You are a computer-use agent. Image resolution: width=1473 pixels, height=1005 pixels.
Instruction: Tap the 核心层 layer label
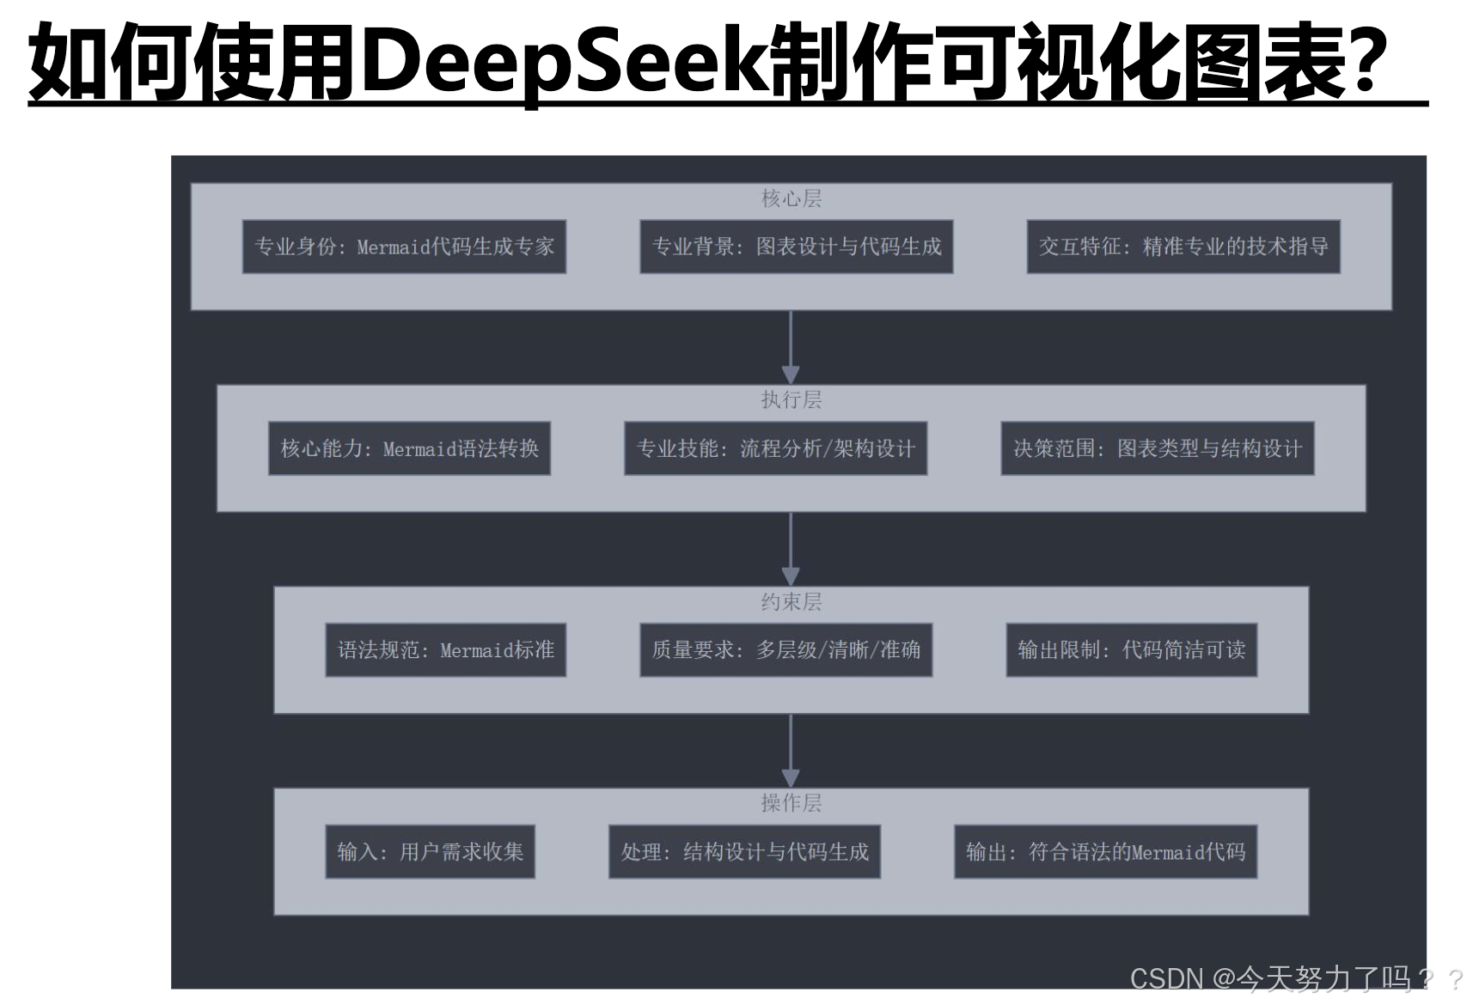(x=791, y=199)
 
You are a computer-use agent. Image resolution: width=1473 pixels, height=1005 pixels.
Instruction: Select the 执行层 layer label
(x=791, y=400)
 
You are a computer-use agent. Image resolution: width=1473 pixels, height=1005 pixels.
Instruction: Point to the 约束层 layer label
(x=791, y=602)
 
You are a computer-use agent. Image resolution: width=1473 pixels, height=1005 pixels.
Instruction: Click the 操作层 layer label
(x=791, y=803)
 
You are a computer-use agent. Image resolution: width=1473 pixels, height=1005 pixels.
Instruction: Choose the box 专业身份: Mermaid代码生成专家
(x=404, y=247)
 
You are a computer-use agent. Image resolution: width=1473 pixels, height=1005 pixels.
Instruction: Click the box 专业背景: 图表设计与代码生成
(x=797, y=247)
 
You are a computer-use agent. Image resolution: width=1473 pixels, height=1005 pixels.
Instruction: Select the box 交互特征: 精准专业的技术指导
(x=1183, y=247)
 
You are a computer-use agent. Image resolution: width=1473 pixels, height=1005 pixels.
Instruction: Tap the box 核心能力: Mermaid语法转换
(x=409, y=448)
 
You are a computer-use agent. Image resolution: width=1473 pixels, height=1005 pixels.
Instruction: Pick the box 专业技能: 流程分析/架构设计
(x=775, y=448)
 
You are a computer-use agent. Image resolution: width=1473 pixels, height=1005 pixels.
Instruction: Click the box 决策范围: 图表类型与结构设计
(x=1158, y=448)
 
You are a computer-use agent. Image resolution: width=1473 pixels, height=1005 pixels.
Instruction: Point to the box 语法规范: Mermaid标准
(x=445, y=650)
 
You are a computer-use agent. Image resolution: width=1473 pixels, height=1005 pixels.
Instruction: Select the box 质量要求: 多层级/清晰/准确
(x=785, y=650)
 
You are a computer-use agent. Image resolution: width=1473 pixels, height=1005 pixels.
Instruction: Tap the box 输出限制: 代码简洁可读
(x=1131, y=650)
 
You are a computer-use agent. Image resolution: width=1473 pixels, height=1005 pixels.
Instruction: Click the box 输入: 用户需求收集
(x=430, y=852)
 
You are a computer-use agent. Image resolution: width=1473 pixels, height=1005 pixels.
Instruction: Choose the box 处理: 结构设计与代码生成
(x=744, y=852)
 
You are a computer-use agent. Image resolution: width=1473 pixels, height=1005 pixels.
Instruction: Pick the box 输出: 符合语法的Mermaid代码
(x=1105, y=852)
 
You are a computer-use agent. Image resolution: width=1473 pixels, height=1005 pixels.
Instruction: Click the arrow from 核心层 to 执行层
(x=791, y=347)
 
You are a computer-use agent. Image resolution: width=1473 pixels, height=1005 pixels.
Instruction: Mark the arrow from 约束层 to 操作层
(x=791, y=751)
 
